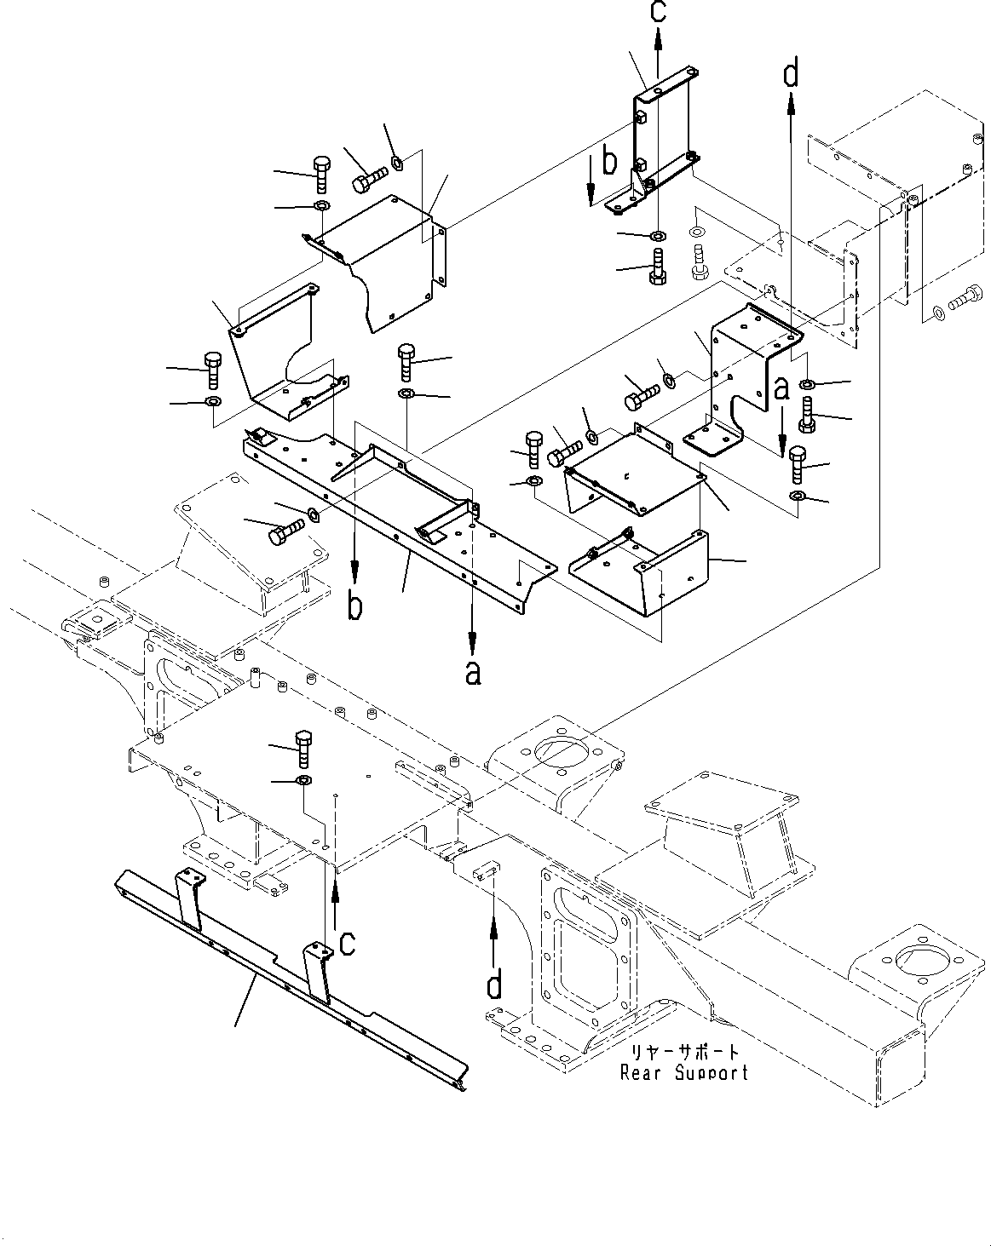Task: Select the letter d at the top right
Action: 792,75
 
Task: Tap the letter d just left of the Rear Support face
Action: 493,985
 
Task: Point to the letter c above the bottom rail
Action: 348,943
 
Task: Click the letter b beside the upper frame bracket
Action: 608,159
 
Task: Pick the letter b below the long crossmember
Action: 355,605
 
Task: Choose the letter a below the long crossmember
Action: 473,672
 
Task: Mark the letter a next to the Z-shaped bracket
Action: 781,388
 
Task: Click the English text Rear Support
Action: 684,1072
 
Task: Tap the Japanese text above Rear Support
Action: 684,1053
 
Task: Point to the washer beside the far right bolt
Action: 938,313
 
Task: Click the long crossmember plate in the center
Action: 400,511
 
